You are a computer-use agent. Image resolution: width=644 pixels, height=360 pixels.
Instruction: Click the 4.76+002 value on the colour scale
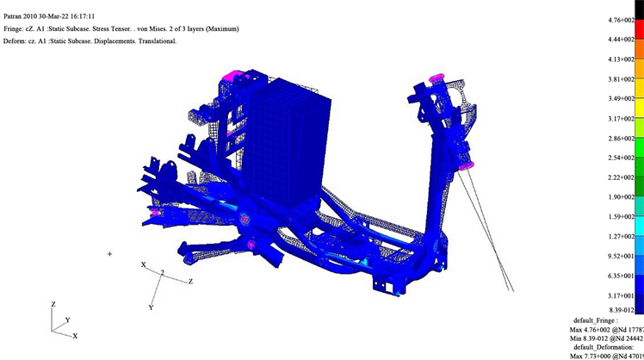click(x=621, y=20)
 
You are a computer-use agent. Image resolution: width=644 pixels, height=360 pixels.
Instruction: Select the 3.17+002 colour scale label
click(x=621, y=119)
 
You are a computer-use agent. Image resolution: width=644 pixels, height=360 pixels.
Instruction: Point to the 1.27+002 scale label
click(x=621, y=236)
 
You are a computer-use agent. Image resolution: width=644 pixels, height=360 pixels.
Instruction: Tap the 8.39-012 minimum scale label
click(x=621, y=310)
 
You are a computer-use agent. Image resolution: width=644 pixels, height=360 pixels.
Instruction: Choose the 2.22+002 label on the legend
click(x=621, y=177)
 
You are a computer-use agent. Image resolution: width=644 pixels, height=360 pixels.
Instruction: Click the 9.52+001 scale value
click(x=621, y=256)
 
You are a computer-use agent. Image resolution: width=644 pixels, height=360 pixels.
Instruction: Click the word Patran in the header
click(x=12, y=16)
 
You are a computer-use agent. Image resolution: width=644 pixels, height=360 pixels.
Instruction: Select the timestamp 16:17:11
click(x=83, y=16)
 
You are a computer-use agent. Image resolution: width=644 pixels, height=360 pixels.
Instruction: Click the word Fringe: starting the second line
click(x=13, y=28)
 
